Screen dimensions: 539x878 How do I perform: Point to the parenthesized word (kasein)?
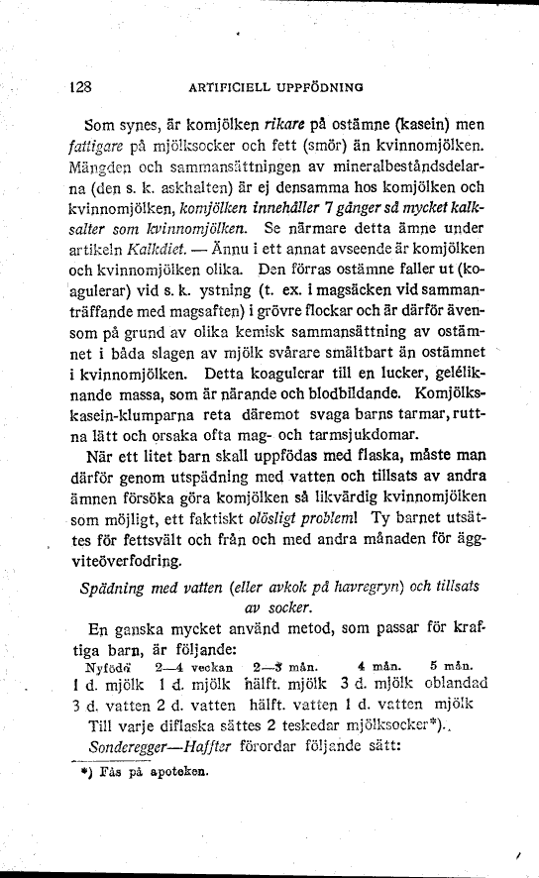tap(424, 127)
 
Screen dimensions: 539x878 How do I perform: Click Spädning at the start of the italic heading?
tap(119, 588)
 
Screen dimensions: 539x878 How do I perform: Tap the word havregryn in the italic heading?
tap(337, 588)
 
